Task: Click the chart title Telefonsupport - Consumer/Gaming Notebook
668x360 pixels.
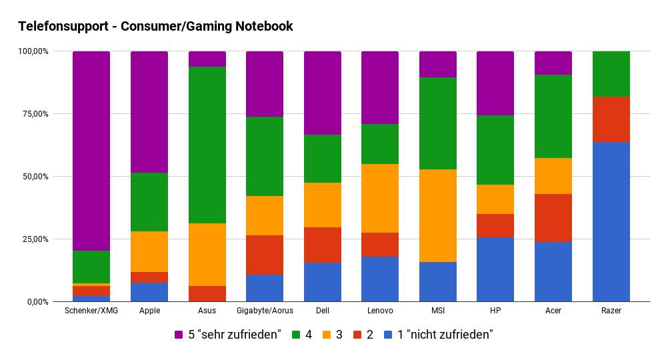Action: tap(155, 27)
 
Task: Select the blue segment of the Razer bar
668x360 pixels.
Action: tap(611, 222)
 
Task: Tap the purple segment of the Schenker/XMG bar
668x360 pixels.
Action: tap(91, 151)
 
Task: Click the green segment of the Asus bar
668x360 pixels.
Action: tap(207, 145)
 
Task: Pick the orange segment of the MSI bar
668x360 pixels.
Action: tap(437, 215)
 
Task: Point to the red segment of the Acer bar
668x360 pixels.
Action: tap(553, 218)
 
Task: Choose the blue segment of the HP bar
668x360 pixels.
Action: tap(495, 269)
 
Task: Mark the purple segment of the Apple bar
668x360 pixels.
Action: tap(149, 112)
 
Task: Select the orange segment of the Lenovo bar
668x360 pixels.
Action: tap(380, 198)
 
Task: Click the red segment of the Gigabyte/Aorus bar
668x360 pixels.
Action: tap(265, 255)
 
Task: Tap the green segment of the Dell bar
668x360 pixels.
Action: tap(322, 159)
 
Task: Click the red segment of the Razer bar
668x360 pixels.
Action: tap(611, 119)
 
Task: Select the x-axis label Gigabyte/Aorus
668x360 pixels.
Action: tap(265, 311)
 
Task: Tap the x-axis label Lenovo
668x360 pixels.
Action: tap(380, 311)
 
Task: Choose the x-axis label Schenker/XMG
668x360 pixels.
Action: tap(91, 311)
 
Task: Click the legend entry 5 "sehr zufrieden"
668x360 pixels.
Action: tap(227, 335)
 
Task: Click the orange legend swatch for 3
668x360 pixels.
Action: tap(326, 335)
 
